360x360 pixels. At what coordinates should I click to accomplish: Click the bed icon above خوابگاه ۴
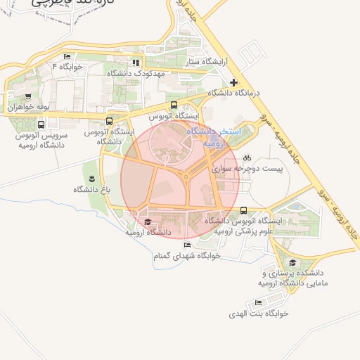tap(67, 56)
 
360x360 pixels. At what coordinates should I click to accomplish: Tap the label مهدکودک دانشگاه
tap(136, 73)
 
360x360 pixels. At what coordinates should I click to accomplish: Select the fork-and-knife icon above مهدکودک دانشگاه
tap(136, 63)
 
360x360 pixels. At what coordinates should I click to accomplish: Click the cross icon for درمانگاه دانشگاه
tap(234, 83)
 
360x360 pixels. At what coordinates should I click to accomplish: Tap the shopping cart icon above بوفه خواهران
tap(27, 97)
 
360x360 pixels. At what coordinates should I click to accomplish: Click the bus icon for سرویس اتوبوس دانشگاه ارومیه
tap(41, 124)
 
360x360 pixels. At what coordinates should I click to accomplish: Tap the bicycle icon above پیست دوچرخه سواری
tap(247, 158)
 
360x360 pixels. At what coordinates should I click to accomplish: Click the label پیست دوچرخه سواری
tap(247, 169)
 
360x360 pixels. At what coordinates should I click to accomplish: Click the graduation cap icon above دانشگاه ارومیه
tap(148, 222)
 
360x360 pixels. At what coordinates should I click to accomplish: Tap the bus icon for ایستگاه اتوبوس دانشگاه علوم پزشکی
tap(243, 210)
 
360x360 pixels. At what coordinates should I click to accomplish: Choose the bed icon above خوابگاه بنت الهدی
tap(259, 303)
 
